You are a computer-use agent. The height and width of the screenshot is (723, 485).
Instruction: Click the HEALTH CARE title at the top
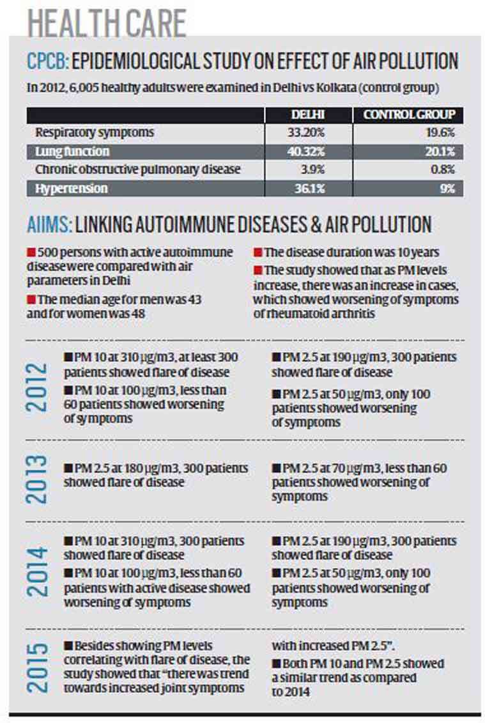(107, 22)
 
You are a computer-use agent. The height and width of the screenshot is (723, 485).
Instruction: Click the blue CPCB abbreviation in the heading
(47, 61)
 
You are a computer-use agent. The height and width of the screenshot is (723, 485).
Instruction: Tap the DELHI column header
(308, 115)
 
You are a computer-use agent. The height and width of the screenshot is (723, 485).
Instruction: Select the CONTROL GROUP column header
(409, 115)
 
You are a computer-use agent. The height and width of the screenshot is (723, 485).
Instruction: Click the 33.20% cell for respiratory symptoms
(306, 133)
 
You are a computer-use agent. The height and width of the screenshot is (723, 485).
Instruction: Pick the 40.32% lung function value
(306, 152)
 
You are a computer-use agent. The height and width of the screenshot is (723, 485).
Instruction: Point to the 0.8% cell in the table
(443, 169)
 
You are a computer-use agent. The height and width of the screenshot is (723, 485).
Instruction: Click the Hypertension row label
(72, 189)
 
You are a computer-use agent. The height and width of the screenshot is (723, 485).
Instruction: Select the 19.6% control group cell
(440, 133)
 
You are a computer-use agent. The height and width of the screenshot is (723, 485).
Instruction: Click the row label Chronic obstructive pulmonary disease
(138, 169)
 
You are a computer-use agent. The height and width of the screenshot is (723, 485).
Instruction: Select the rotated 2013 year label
(37, 479)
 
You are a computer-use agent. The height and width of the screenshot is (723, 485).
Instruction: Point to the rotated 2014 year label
(37, 571)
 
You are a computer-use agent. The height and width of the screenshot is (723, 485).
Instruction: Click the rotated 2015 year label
(37, 668)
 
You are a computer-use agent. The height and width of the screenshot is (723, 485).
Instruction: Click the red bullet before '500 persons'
(31, 253)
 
